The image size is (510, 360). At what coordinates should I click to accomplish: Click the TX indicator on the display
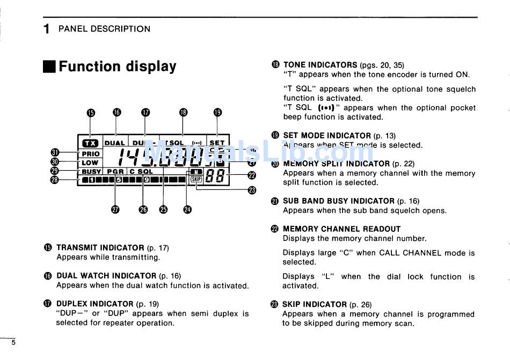[90, 143]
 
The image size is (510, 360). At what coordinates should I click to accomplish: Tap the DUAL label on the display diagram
[114, 143]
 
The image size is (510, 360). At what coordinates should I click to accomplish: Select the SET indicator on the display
[217, 143]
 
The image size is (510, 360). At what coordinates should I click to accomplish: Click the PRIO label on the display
[90, 154]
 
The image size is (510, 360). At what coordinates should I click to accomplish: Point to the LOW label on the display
[90, 163]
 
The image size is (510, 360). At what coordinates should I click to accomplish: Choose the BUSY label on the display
[91, 172]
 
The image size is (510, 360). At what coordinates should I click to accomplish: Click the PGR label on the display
[115, 172]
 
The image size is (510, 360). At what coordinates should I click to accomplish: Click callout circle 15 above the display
[91, 112]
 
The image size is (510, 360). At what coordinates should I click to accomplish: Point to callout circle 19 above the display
[217, 112]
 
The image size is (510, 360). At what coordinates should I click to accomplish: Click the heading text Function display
[117, 67]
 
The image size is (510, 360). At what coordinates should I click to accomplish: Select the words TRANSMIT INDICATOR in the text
[100, 248]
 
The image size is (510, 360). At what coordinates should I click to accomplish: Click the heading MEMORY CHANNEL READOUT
[341, 229]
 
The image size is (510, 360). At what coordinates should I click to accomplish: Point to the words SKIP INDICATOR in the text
[315, 304]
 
